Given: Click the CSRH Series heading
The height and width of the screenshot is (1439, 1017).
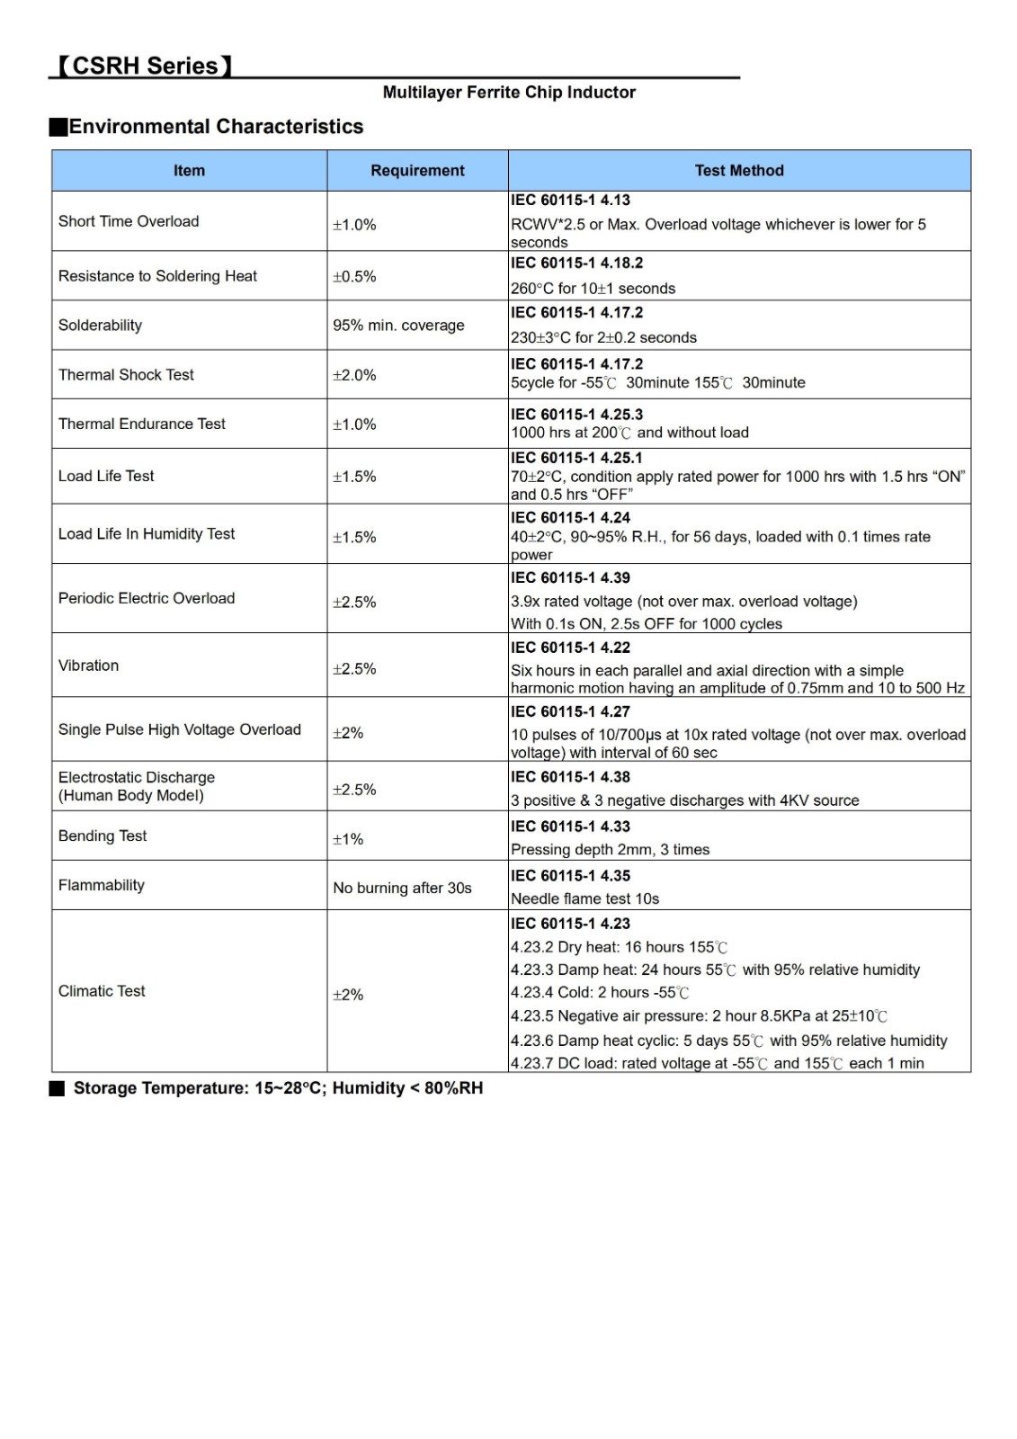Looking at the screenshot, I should (144, 66).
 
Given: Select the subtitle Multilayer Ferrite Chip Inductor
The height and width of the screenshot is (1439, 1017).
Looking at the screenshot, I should (509, 92).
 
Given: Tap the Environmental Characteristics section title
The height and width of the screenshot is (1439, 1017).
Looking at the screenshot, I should (216, 127).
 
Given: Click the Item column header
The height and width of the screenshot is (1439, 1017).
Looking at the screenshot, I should (189, 171).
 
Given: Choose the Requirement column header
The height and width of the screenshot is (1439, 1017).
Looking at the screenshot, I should (417, 171).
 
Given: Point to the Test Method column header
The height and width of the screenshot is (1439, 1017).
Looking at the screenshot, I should (739, 171).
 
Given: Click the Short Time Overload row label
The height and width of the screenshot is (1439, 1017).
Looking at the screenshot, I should (129, 221).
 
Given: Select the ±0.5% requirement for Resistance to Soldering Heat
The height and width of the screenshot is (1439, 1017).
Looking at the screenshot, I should (354, 277).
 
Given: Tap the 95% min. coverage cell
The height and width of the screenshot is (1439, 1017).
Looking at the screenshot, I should (398, 326).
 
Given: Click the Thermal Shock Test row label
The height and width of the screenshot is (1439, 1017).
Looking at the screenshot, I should (126, 375).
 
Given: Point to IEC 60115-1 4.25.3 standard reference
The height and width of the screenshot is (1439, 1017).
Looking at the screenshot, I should (576, 415).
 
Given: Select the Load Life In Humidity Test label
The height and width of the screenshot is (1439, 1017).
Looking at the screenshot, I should (147, 534).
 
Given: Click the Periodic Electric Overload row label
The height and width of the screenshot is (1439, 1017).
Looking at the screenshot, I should (147, 599).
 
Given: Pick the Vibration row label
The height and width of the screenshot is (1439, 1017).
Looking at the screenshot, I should (88, 666).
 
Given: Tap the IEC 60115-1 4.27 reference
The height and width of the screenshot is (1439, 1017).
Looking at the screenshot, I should (570, 711).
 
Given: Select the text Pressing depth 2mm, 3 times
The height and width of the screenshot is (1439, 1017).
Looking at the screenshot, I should (610, 850).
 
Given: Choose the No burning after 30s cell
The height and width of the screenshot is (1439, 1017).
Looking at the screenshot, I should (402, 889).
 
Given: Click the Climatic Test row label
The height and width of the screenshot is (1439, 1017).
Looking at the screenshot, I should (102, 991).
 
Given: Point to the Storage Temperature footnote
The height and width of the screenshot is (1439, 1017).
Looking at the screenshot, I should (278, 1088).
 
